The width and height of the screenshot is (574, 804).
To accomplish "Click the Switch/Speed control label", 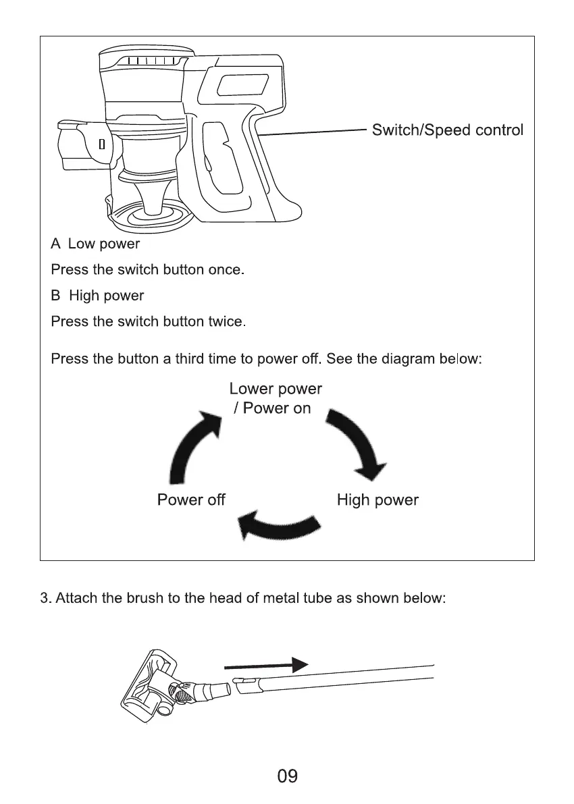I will tap(448, 130).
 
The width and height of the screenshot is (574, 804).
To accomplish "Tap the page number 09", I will tap(287, 776).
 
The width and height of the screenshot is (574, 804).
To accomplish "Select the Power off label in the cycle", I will tap(191, 500).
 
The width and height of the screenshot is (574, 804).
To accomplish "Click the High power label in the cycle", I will tap(377, 500).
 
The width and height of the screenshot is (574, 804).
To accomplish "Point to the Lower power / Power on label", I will tap(275, 398).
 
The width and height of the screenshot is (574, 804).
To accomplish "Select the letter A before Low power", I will tap(56, 243).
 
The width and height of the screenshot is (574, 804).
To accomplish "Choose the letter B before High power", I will tap(56, 296).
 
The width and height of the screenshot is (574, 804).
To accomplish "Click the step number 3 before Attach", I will tap(44, 599).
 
